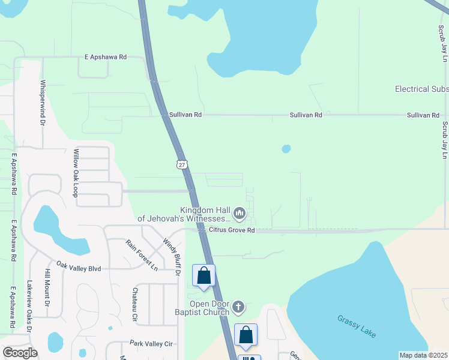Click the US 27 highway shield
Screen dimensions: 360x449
point(181,164)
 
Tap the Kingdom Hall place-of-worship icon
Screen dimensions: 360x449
point(240,214)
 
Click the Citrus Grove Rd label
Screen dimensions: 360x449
point(232,230)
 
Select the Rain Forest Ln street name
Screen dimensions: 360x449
point(141,255)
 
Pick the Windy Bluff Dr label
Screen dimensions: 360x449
point(171,256)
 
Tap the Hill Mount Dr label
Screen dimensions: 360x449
point(47,288)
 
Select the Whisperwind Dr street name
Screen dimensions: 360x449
point(43,103)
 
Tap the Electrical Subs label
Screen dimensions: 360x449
point(421,89)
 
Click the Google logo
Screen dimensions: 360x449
point(20,353)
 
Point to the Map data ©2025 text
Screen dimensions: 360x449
point(423,355)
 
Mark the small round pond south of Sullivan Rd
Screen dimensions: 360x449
point(286,148)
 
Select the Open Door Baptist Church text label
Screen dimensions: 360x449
point(202,308)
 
